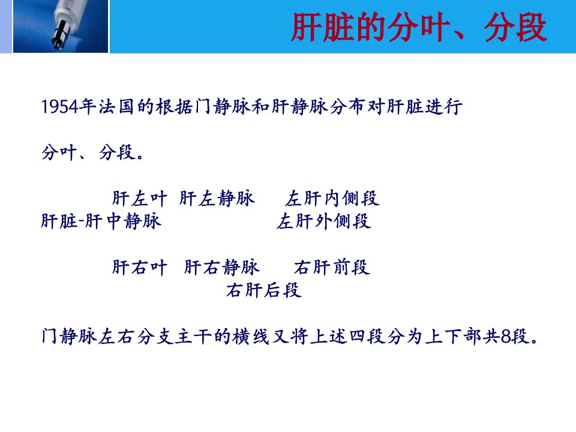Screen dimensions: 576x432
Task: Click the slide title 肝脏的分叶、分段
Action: coord(419,27)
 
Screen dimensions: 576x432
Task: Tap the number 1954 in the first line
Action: coord(60,107)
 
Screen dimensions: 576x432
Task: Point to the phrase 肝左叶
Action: coord(140,199)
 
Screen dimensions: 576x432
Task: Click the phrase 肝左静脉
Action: coord(217,199)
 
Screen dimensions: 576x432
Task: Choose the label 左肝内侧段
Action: coord(332,199)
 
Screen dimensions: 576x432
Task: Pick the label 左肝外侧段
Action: coord(323,221)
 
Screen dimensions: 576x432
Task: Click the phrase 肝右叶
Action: coord(140,268)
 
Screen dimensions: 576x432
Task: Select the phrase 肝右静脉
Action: coord(222,268)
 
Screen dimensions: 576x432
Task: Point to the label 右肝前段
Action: coord(332,268)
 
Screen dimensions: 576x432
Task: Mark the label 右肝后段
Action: coord(264,290)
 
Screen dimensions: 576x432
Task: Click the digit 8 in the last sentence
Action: coord(506,337)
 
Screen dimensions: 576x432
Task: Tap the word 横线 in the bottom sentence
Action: coord(251,337)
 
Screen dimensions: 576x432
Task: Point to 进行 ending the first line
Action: coord(444,107)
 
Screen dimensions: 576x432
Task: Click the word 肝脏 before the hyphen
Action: coord(59,221)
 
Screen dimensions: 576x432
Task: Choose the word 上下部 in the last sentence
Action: coord(454,337)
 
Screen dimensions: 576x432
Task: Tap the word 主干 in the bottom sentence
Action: coord(193,337)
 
